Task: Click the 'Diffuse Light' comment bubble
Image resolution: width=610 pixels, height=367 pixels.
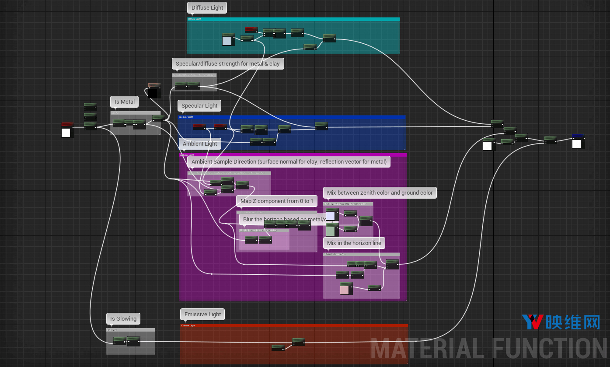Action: [207, 8]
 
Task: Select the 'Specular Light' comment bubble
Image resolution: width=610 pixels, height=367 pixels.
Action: [199, 106]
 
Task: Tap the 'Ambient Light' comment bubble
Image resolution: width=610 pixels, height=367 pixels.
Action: [200, 144]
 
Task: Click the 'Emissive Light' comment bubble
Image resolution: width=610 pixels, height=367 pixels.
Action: [202, 315]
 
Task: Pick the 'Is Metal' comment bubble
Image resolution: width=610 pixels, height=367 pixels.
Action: [125, 102]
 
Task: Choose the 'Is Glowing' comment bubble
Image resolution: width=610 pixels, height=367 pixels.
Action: [123, 319]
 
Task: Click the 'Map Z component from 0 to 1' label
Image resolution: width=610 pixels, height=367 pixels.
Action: [277, 201]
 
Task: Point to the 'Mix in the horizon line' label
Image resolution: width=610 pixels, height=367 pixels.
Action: [354, 243]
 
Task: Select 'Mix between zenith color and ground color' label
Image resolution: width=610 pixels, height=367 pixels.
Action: [380, 193]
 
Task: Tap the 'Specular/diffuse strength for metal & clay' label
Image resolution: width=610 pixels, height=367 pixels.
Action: [228, 64]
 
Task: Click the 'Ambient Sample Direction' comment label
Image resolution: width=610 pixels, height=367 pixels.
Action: [289, 162]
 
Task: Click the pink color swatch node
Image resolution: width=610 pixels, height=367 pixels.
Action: [345, 289]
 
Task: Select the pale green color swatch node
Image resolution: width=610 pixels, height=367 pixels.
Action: [331, 230]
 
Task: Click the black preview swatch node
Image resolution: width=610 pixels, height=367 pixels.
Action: [153, 93]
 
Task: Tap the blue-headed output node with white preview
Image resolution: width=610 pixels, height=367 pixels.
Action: [577, 143]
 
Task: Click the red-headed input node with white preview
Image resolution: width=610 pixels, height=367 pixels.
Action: [66, 132]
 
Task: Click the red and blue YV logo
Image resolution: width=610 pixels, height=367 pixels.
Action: [532, 322]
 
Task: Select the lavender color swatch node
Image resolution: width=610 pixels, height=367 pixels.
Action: [331, 215]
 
